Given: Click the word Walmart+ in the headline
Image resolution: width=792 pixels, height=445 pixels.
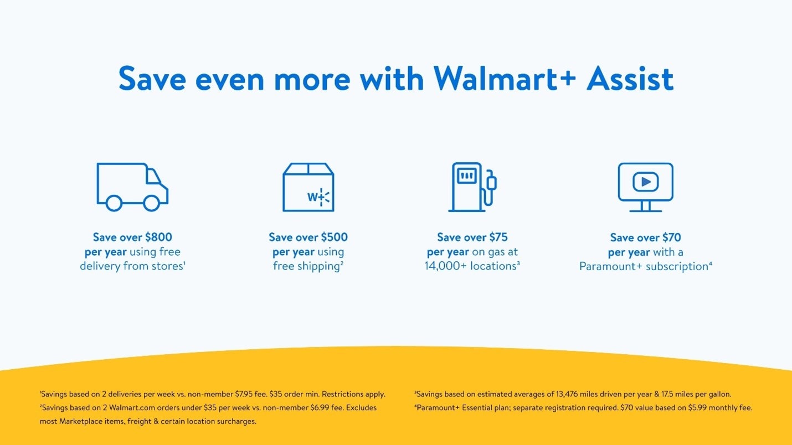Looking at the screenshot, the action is [505, 79].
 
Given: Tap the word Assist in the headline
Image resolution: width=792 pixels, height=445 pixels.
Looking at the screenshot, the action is [630, 79].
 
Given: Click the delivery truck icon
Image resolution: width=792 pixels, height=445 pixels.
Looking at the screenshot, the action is [132, 187].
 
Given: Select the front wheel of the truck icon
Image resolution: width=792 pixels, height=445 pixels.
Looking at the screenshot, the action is [151, 203].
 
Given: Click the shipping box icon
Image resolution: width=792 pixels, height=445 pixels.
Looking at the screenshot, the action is [308, 187].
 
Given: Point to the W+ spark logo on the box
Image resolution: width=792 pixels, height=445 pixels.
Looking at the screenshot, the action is [318, 197].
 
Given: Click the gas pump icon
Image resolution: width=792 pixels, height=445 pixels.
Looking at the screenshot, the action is [472, 187].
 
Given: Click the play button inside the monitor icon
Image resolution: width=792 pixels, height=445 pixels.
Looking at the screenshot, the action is [646, 182].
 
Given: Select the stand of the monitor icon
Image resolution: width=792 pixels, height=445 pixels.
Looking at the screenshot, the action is [646, 206].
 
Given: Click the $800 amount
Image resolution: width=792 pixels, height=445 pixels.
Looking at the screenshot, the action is [159, 237].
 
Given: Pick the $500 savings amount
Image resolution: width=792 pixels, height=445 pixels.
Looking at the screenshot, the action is [335, 237].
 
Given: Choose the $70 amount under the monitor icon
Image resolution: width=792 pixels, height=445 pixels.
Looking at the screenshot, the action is [672, 237].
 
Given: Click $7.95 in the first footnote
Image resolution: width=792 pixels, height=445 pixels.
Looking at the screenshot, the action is [244, 394].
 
